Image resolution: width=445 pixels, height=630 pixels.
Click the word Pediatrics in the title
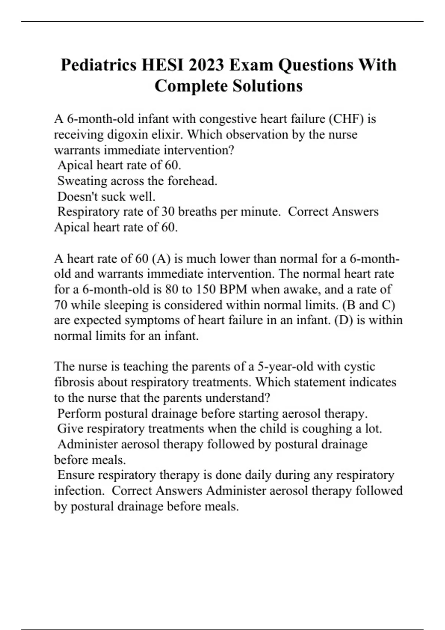[99, 65]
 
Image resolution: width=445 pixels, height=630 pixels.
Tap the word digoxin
[128, 135]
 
